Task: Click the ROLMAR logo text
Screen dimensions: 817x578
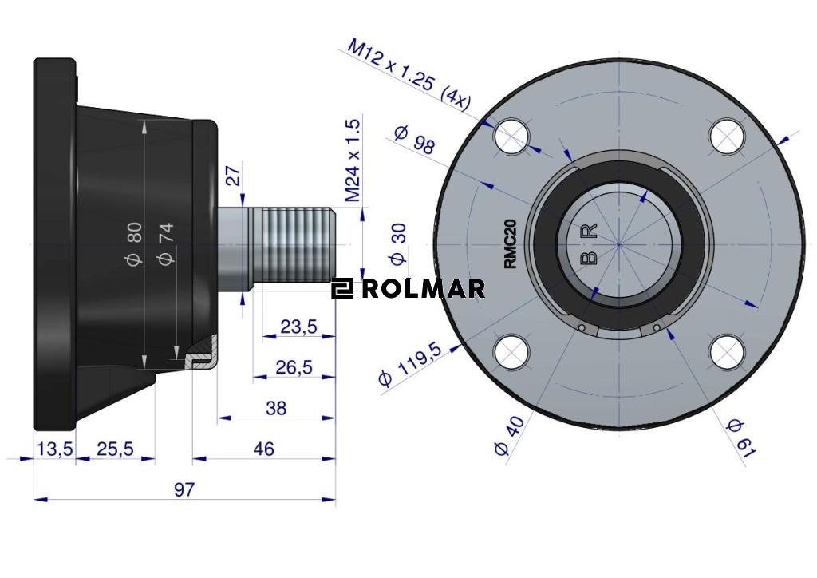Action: (x=423, y=289)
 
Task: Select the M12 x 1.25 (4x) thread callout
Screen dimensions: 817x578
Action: (x=408, y=74)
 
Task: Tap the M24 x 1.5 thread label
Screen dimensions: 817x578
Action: (x=353, y=160)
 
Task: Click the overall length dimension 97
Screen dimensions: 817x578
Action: (x=184, y=489)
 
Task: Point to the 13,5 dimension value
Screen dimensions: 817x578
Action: (x=55, y=448)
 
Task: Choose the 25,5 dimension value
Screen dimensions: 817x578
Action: (x=115, y=448)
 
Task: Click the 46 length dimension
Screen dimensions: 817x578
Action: (x=263, y=448)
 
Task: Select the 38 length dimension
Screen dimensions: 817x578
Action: (x=275, y=408)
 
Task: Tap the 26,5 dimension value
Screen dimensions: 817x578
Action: (x=294, y=367)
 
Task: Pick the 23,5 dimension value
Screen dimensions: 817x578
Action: (x=298, y=327)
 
